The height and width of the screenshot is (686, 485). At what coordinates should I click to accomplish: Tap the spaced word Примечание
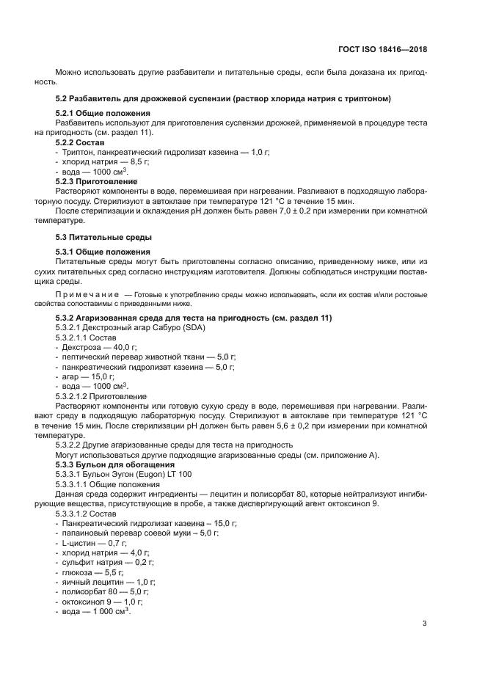tap(88, 293)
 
